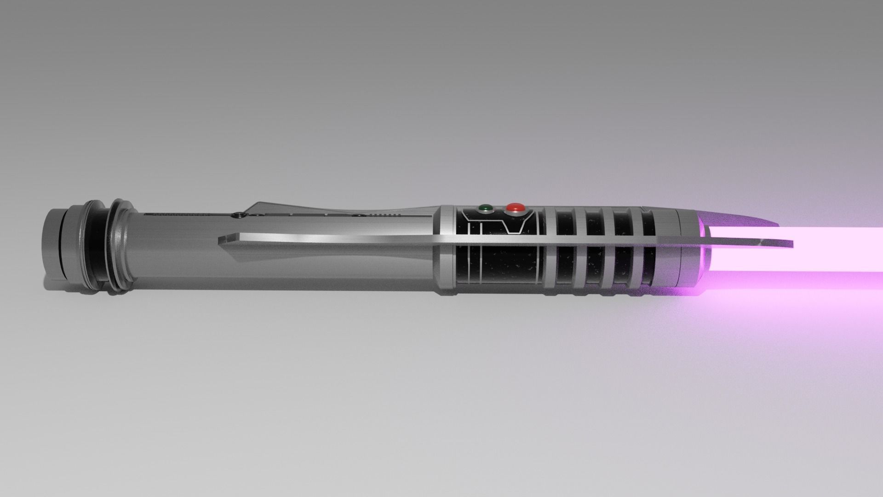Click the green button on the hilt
484,208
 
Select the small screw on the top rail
237,214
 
